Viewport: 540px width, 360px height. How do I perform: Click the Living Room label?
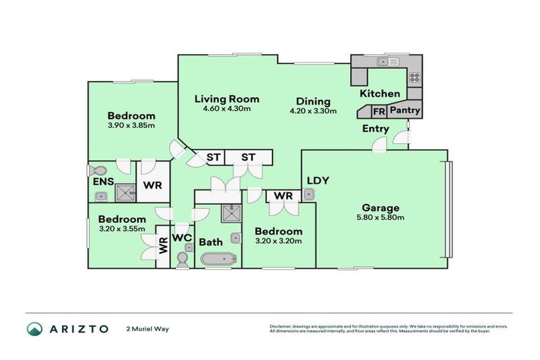click(226, 99)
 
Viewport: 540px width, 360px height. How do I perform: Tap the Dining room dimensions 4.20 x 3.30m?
click(313, 110)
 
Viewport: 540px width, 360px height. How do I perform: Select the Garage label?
click(380, 207)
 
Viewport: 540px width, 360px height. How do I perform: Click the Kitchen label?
click(380, 94)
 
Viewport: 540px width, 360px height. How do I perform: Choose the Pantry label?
click(405, 110)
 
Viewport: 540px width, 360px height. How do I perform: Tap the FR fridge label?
click(378, 111)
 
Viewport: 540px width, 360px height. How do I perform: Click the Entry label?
click(375, 129)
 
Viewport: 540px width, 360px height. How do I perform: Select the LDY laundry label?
click(318, 180)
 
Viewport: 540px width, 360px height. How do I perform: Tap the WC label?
click(182, 237)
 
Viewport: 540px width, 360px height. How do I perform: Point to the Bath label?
click(210, 242)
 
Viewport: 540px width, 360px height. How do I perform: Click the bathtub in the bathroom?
click(219, 260)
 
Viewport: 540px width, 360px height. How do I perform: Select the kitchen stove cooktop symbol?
click(414, 77)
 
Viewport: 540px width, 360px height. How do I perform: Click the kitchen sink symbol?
click(384, 62)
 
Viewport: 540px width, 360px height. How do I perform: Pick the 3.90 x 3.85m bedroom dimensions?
click(131, 125)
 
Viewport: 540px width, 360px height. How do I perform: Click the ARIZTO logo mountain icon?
click(35, 329)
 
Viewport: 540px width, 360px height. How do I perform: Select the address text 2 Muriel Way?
click(148, 329)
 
